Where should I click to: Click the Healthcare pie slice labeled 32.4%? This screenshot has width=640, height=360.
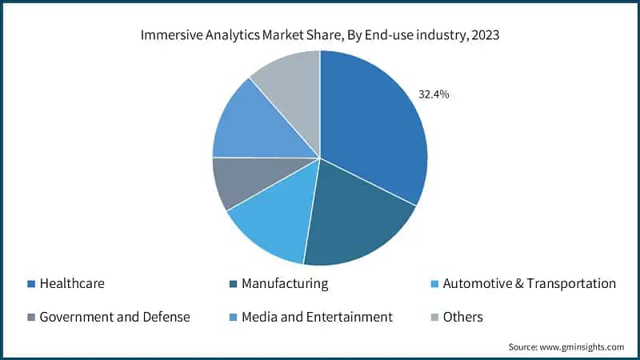pyautogui.click(x=372, y=128)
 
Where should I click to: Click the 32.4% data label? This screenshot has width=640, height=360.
pyautogui.click(x=434, y=94)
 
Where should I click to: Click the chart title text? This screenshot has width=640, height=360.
pyautogui.click(x=320, y=35)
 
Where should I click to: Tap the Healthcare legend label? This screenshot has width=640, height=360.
pyautogui.click(x=72, y=283)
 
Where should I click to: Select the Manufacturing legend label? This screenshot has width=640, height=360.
pyautogui.click(x=285, y=283)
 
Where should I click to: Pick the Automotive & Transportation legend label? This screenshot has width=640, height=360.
pyautogui.click(x=529, y=283)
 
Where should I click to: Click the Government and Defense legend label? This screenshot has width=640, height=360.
pyautogui.click(x=114, y=317)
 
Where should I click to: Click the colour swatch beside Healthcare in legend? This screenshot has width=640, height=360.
pyautogui.click(x=30, y=284)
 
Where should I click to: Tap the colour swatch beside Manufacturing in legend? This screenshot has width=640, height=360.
pyautogui.click(x=233, y=284)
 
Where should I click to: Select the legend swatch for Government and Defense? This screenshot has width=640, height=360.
pyautogui.click(x=30, y=318)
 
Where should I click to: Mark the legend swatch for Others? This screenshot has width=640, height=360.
pyautogui.click(x=434, y=318)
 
